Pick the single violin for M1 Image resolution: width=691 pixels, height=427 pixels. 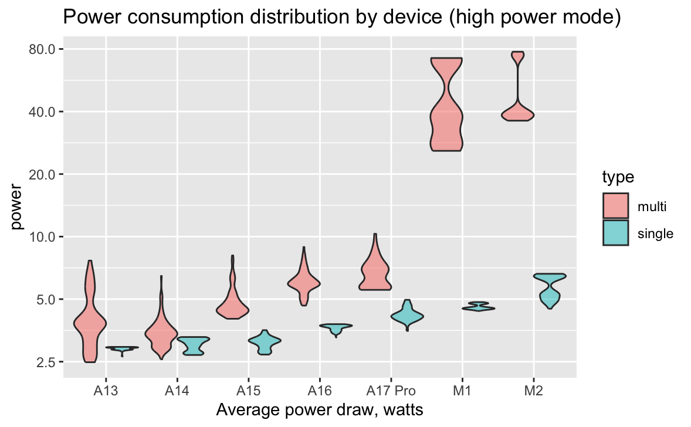pyautogui.click(x=479, y=307)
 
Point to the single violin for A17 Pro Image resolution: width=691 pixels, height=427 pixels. pyautogui.click(x=408, y=317)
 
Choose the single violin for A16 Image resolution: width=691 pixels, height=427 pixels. pyautogui.click(x=336, y=327)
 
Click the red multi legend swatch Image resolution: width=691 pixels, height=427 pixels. pyautogui.click(x=615, y=206)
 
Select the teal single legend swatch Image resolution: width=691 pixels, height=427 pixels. pyautogui.click(x=615, y=233)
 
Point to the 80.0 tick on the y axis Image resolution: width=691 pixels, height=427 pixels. pyautogui.click(x=42, y=49)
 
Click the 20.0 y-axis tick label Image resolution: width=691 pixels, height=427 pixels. pyautogui.click(x=42, y=174)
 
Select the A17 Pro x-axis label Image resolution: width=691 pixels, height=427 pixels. pyautogui.click(x=390, y=391)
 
